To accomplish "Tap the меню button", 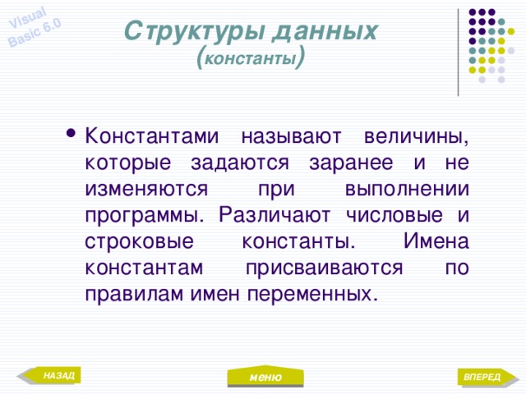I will [265, 377].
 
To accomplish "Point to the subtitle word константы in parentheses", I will [251, 59].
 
